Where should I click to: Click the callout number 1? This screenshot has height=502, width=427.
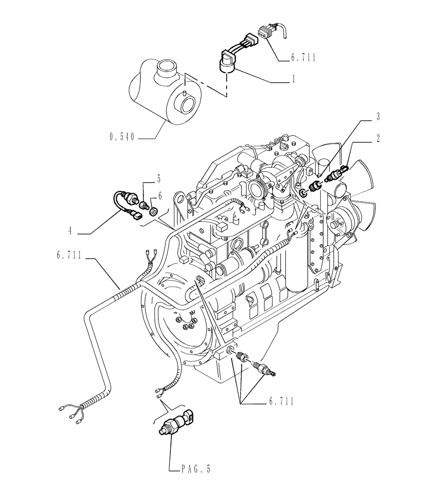coord(293,79)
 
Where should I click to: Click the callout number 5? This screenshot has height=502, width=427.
coord(159,178)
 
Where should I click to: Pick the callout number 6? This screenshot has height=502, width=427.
coord(160,195)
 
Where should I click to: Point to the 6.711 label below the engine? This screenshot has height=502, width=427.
coord(280,402)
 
